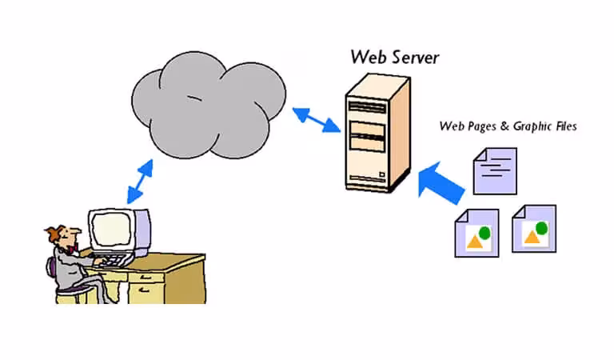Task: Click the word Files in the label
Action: (564, 126)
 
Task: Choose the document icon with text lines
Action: (494, 169)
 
